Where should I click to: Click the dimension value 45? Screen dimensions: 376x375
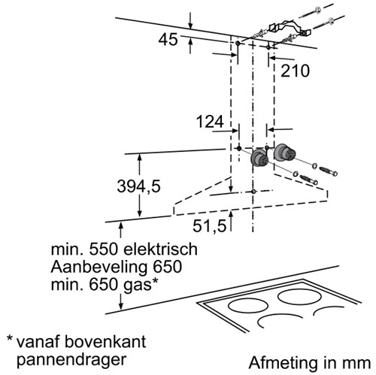168,40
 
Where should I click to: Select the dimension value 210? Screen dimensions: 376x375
295,71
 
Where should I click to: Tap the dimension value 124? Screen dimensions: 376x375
210,122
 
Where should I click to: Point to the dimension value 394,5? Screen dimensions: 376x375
138,186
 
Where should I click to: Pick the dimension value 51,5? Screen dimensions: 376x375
210,225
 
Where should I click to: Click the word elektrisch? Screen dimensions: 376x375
161,249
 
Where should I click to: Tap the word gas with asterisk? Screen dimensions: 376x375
141,285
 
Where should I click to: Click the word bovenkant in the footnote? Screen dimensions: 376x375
105,341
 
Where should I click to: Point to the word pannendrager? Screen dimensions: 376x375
71,361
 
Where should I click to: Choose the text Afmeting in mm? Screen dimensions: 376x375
310,362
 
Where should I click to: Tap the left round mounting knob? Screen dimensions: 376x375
259,159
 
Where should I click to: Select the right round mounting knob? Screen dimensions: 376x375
284,152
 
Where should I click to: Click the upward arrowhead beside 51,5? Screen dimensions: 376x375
231,213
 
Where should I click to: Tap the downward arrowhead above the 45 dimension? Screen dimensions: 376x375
190,26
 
